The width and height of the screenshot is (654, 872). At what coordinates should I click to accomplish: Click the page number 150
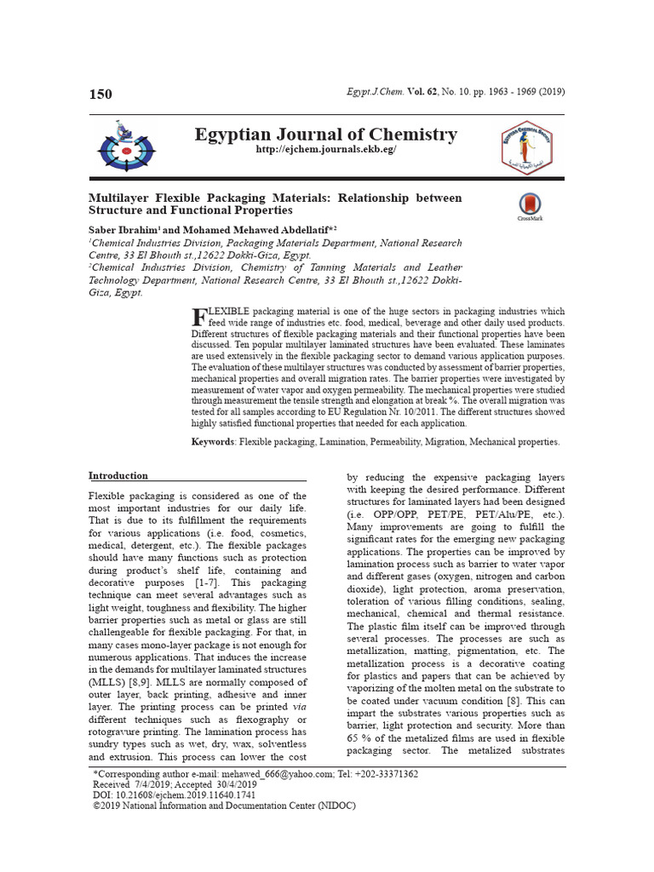100,94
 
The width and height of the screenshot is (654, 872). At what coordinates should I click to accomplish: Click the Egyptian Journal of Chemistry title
326,135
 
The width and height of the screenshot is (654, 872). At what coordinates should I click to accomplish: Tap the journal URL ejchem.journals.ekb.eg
326,150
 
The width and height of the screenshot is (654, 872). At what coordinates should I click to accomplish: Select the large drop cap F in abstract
199,316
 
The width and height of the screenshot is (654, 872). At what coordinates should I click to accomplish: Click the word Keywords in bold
213,442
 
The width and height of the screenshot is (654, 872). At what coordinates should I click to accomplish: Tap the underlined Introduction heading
118,476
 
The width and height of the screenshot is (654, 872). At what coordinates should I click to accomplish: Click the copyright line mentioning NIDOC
223,805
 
